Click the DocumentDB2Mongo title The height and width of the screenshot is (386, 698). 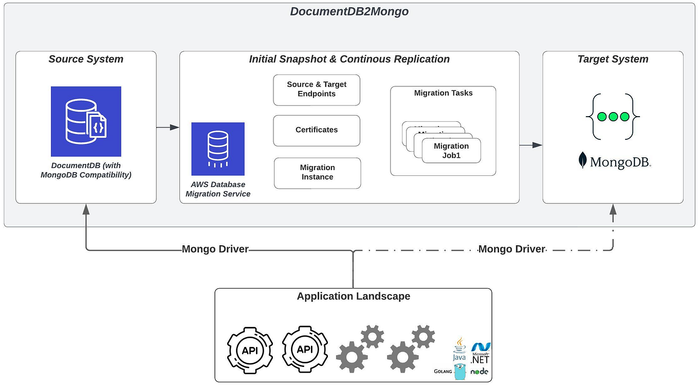pos(349,11)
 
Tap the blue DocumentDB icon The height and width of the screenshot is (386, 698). pos(86,121)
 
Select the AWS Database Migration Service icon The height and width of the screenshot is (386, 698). pos(218,149)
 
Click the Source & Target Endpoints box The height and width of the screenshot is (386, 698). pos(317,89)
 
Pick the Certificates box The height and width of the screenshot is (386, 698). pos(317,130)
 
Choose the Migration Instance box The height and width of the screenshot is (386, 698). pos(317,173)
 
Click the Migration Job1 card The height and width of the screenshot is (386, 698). pos(452,151)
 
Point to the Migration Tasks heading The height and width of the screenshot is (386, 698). pos(443,93)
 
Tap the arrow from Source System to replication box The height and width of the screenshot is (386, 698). pos(168,127)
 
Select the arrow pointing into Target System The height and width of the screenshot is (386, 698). pos(531,145)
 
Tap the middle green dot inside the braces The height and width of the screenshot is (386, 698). pos(613,117)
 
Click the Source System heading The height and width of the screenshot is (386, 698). pos(86,59)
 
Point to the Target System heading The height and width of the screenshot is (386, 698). pos(613,59)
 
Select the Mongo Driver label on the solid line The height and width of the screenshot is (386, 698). pos(215,249)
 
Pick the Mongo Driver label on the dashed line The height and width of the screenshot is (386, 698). pos(511,249)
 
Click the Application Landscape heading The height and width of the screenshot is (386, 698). pos(354,296)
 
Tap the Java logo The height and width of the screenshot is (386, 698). pos(459,349)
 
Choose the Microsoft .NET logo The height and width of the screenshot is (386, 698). pos(481,353)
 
